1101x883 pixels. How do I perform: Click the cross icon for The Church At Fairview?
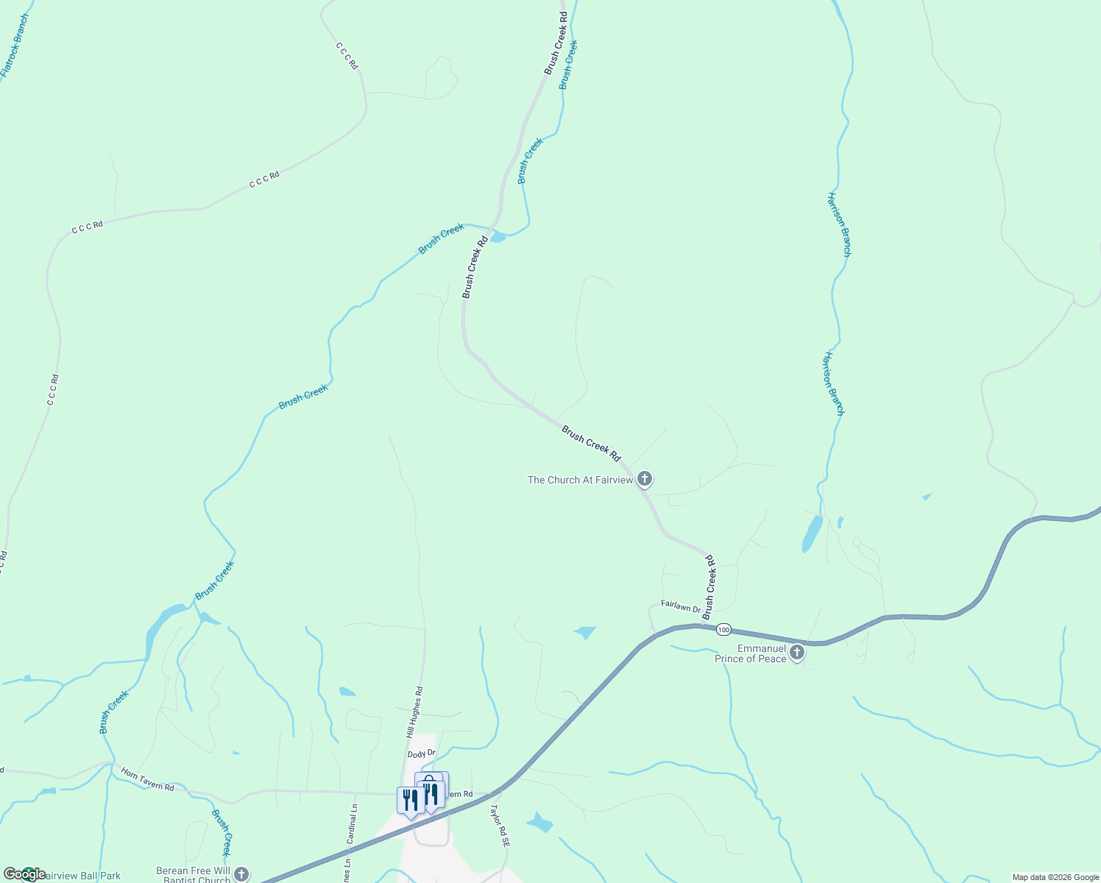(645, 480)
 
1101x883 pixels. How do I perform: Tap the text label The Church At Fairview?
(580, 480)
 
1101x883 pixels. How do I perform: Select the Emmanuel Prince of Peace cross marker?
(797, 652)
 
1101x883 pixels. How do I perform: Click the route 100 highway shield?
(723, 629)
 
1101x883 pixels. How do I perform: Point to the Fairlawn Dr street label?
(681, 606)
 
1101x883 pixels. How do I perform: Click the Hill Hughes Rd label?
(414, 712)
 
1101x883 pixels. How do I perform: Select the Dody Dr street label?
(422, 754)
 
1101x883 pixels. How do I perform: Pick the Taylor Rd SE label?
(500, 825)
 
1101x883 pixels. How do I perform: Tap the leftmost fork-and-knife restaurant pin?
(410, 801)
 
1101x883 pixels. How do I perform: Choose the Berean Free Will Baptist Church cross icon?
(241, 874)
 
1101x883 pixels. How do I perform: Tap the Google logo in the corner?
(24, 874)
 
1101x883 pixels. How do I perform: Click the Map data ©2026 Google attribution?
(1055, 877)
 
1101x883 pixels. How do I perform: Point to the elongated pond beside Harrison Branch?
(812, 533)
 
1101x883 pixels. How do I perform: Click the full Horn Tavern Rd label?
(148, 780)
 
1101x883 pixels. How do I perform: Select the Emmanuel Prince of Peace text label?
(751, 653)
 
